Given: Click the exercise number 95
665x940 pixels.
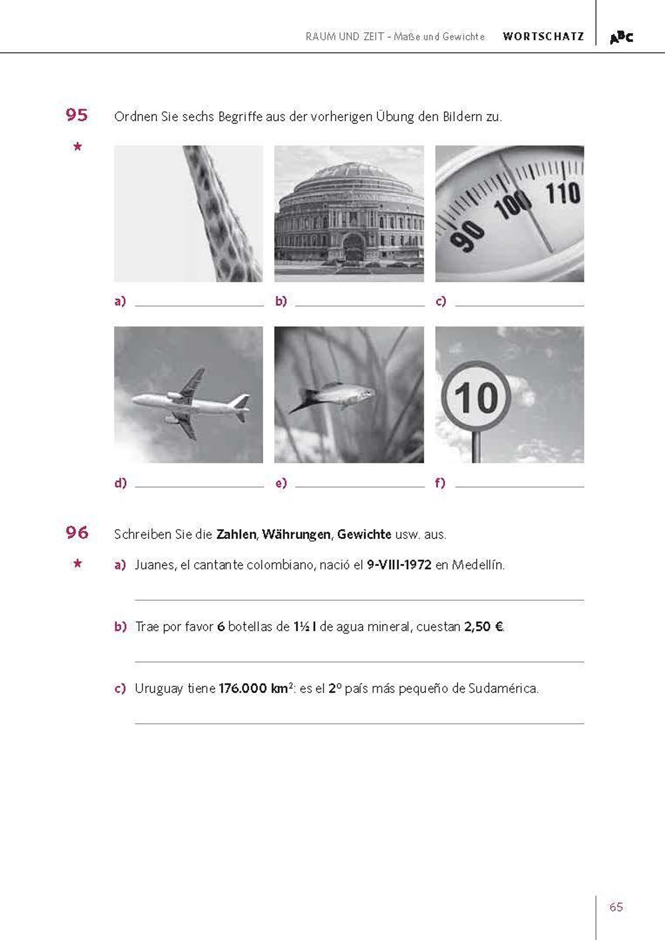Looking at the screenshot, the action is point(76,115).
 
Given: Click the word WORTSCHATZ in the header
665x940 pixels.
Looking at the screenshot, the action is point(543,37).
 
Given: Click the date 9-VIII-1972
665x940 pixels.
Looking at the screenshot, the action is point(399,565).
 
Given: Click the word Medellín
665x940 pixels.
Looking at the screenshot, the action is point(478,565).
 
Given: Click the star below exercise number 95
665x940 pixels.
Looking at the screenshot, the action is point(77,146).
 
